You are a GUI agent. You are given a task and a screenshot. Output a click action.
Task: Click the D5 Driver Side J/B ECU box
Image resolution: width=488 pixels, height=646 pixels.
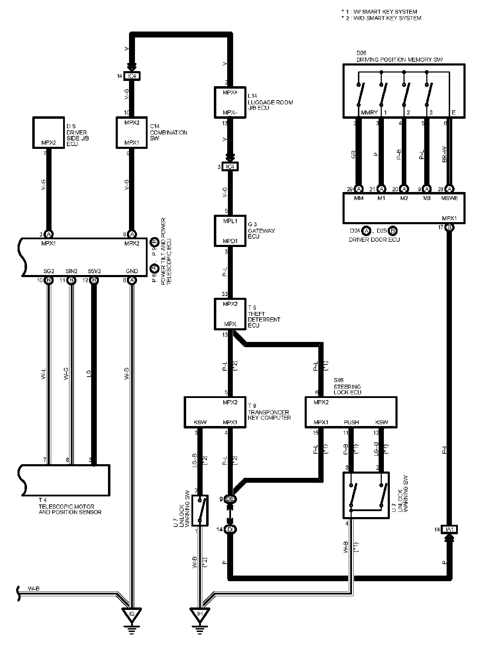tap(49, 132)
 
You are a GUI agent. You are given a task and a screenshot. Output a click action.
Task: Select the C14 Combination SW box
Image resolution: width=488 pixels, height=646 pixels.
tap(131, 132)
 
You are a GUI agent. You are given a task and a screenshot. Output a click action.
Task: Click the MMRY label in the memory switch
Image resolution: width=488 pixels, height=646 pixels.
tap(369, 113)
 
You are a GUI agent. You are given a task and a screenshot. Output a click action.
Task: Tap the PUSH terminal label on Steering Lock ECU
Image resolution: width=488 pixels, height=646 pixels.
tap(351, 422)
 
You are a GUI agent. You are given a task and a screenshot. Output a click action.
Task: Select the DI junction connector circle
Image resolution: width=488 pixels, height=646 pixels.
tap(230, 529)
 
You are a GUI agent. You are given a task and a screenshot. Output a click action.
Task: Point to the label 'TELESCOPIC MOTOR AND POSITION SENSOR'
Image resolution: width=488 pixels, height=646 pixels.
tap(70, 509)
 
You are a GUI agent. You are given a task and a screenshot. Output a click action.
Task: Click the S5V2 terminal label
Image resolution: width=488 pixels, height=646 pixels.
tap(94, 271)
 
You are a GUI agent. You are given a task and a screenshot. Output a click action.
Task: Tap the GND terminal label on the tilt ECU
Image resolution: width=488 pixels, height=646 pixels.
tap(132, 271)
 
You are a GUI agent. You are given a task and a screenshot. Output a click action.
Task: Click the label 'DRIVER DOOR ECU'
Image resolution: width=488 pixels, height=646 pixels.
tap(374, 240)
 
